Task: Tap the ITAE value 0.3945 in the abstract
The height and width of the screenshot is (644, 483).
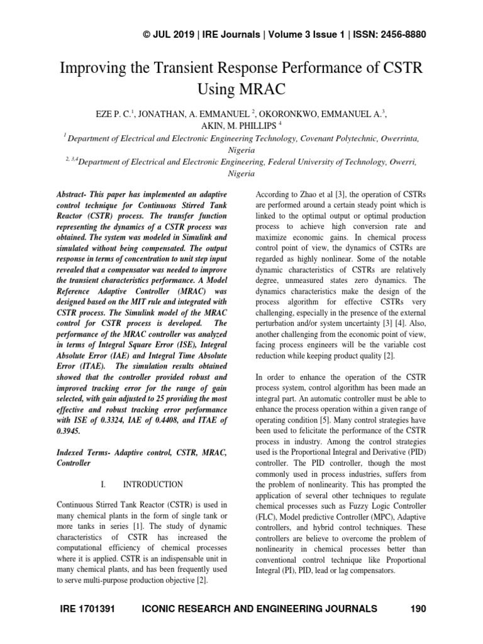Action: [x=70, y=431]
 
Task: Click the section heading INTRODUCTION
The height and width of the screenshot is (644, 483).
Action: [x=153, y=484]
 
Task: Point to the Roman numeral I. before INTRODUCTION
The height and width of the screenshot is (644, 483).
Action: [x=105, y=484]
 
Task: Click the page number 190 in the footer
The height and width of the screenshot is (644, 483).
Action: [x=418, y=609]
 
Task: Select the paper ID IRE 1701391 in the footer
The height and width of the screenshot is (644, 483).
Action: [x=88, y=609]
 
